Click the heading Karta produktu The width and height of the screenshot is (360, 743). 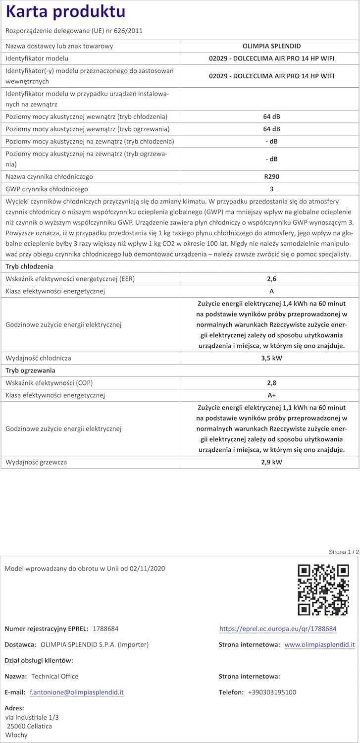click(x=65, y=12)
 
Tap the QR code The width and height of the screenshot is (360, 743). click(x=323, y=589)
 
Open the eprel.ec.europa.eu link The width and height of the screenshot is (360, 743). click(x=278, y=629)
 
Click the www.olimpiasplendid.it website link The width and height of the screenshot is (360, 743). click(x=319, y=644)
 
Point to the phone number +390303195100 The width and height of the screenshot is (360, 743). click(x=272, y=692)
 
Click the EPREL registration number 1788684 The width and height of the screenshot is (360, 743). click(x=105, y=629)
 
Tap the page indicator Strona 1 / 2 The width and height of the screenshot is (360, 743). click(x=343, y=552)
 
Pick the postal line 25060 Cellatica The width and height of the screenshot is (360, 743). click(x=29, y=726)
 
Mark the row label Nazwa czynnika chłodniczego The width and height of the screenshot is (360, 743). click(x=49, y=177)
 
